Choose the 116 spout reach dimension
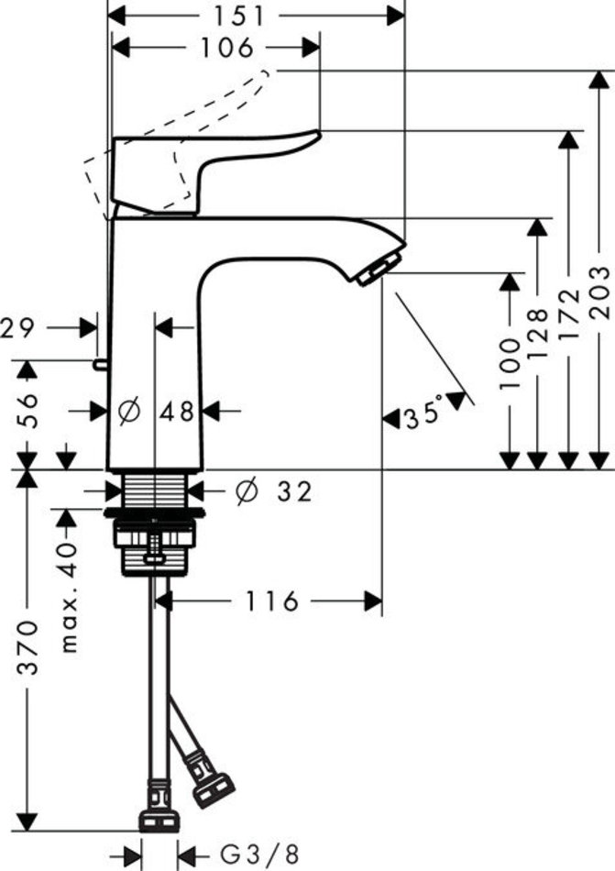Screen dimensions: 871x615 (271, 601)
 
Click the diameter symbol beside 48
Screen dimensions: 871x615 (129, 413)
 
